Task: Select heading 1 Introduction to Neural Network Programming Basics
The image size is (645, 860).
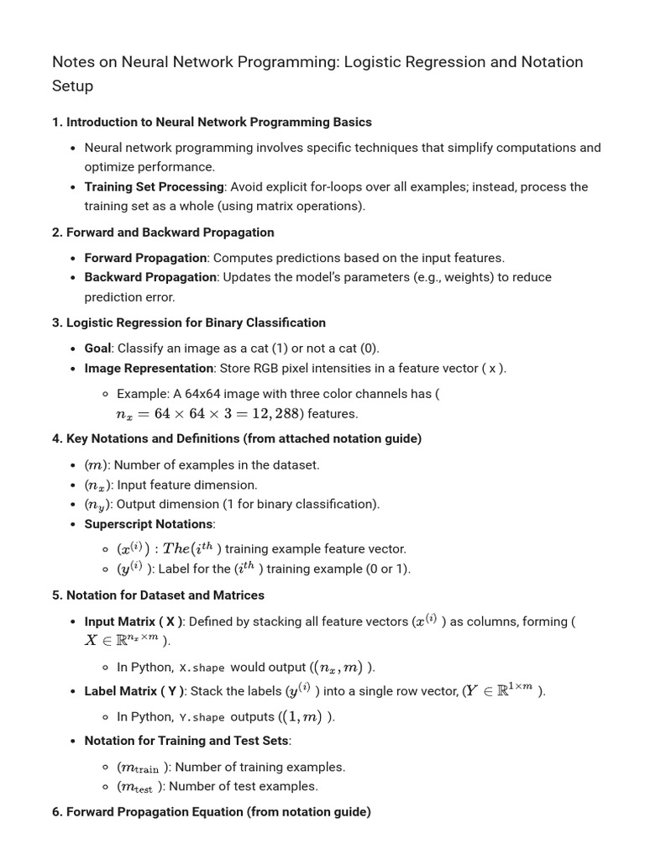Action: point(212,122)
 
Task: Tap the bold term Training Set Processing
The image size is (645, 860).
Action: point(154,186)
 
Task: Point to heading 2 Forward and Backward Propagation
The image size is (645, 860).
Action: point(163,232)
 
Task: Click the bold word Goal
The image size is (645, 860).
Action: point(97,348)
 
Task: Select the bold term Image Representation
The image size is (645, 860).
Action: point(149,368)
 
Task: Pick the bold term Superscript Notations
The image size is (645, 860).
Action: point(149,524)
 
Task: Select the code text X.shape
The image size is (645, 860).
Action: point(202,668)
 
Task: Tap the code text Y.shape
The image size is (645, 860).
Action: point(202,717)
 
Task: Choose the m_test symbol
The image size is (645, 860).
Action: point(137,787)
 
